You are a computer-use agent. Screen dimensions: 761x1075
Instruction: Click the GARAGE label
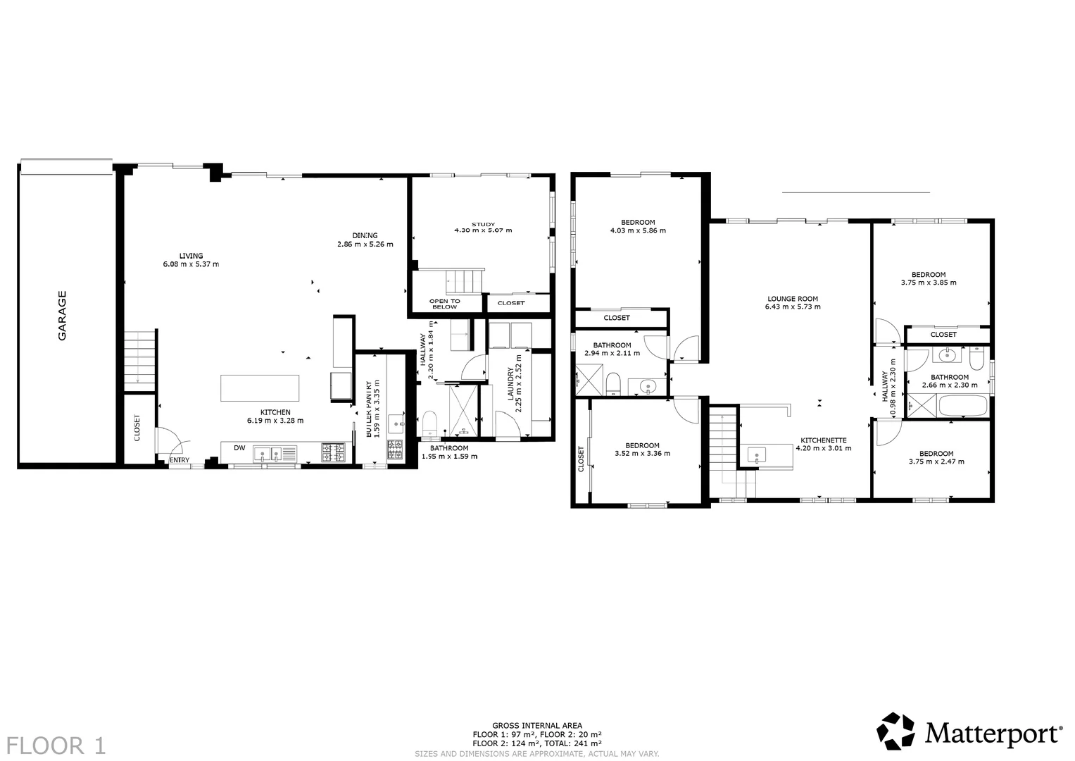[x=62, y=316]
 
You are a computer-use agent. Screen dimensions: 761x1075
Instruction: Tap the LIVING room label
[x=191, y=256]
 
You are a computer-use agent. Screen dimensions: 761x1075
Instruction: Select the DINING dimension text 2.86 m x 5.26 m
[x=365, y=245]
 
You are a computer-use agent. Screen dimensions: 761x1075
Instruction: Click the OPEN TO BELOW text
[x=444, y=304]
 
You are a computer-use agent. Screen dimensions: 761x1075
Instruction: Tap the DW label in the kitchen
[x=239, y=448]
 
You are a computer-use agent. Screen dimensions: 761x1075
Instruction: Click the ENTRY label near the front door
[x=180, y=462]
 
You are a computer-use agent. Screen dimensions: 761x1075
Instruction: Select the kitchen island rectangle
[x=260, y=388]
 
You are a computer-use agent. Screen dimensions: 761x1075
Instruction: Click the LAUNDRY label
[x=511, y=383]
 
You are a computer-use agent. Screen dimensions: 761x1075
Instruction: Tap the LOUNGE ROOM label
[x=793, y=299]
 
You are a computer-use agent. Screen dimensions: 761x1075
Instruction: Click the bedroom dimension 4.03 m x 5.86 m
[x=638, y=230]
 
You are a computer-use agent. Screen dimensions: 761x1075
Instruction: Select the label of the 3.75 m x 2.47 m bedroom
[x=936, y=454]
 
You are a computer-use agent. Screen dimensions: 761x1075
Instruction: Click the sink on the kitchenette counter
[x=757, y=454]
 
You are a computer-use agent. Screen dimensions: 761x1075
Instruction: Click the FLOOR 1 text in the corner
[x=56, y=745]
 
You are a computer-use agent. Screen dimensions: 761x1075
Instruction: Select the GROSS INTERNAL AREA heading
[x=536, y=725]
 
